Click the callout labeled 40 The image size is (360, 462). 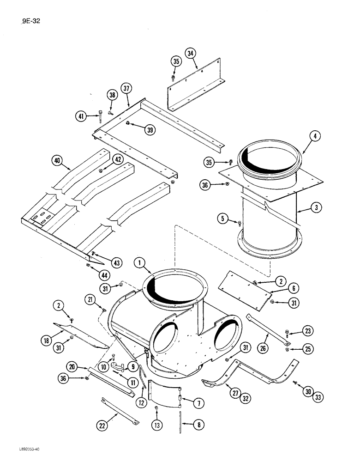click(58, 161)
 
